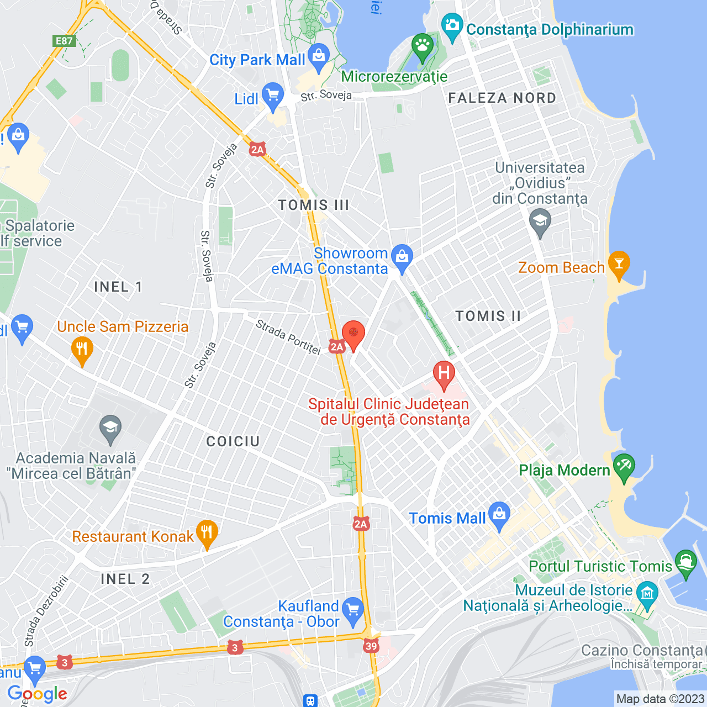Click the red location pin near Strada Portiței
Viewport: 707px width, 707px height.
(x=353, y=334)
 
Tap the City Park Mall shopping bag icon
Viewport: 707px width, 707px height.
(x=319, y=57)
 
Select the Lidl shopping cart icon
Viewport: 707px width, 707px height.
(x=273, y=96)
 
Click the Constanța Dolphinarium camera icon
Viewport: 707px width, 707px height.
(x=452, y=26)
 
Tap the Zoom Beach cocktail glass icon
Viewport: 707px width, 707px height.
(x=619, y=263)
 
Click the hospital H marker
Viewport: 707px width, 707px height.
(x=444, y=373)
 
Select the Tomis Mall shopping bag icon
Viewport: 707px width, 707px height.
(x=499, y=514)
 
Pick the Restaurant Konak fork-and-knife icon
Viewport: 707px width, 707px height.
(x=207, y=533)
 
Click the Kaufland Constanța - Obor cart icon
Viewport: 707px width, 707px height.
(x=353, y=610)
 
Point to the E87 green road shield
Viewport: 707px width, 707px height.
(x=64, y=41)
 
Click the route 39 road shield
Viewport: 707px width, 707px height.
(x=371, y=646)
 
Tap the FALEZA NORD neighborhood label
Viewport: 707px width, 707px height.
(x=502, y=98)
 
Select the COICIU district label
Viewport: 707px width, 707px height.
(x=233, y=441)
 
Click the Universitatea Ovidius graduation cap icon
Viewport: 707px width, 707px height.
(x=540, y=223)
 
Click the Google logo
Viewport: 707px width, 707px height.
(x=37, y=694)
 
